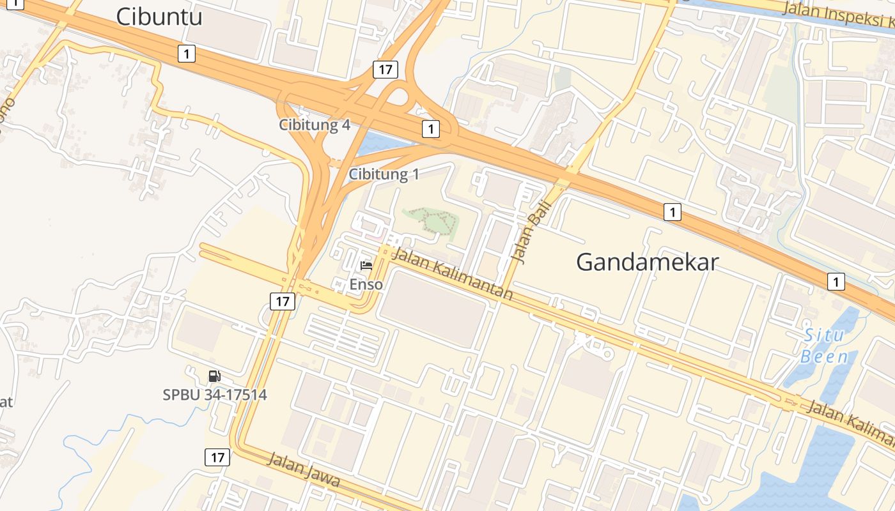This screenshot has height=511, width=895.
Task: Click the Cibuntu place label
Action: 159,17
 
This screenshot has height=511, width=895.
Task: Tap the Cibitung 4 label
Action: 315,125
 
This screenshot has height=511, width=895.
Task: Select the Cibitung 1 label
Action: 384,174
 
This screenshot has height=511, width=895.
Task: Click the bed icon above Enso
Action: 366,265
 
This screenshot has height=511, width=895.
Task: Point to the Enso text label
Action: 366,284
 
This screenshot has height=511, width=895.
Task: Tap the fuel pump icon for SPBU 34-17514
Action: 215,376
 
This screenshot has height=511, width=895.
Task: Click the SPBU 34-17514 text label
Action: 215,395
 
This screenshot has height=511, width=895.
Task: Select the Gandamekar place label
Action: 647,262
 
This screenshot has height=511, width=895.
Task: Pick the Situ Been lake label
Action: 825,346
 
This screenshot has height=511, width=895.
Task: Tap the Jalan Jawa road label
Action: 303,470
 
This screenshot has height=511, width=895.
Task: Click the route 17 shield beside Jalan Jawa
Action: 217,457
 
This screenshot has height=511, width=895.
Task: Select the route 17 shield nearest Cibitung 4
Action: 385,70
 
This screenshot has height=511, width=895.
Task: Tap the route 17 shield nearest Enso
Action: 283,301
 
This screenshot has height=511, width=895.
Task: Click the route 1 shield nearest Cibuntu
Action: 186,54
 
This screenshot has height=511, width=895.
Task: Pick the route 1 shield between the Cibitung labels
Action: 431,130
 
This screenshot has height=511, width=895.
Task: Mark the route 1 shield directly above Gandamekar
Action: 672,211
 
